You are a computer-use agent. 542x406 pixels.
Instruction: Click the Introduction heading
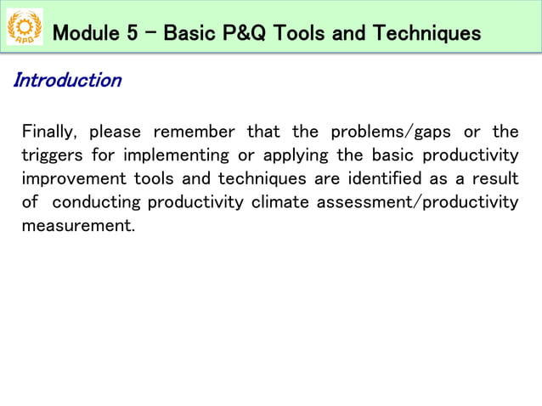click(67, 81)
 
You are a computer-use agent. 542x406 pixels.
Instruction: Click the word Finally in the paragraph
click(49, 132)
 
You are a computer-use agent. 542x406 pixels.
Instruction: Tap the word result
click(497, 179)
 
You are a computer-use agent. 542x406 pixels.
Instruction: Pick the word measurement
click(77, 227)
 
